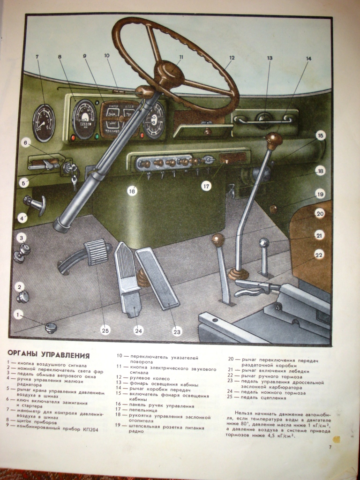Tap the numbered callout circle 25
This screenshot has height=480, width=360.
[105, 330]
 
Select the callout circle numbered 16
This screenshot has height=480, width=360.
[133, 191]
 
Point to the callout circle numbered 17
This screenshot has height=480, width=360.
[207, 186]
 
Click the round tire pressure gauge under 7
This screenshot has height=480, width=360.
[44, 122]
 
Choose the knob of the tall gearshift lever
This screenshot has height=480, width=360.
[274, 139]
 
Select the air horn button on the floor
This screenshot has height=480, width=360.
[50, 327]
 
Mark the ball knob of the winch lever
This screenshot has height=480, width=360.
[264, 243]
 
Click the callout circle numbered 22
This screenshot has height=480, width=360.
[319, 255]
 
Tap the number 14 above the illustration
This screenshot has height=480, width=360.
[308, 59]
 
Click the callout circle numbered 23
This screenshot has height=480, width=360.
[177, 331]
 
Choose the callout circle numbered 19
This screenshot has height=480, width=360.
[320, 194]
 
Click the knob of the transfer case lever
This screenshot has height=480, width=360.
[218, 240]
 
